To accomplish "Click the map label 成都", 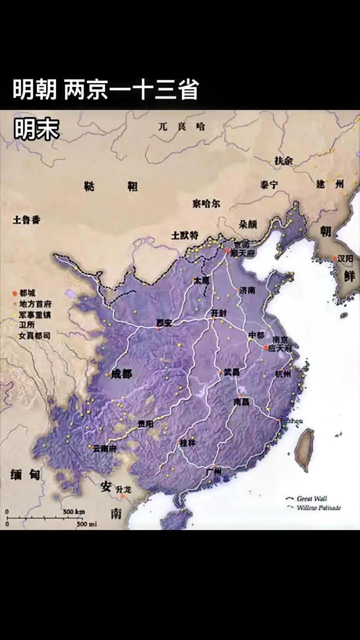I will [x=121, y=373].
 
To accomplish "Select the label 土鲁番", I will [x=26, y=220].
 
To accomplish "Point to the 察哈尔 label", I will [x=206, y=203].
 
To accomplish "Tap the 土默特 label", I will [x=184, y=235].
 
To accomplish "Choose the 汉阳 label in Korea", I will [x=345, y=258].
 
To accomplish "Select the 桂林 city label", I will [x=187, y=442].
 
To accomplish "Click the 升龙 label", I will [x=123, y=489].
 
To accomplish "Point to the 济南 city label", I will [x=247, y=290].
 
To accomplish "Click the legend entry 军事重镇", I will [x=35, y=315].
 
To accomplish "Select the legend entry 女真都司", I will [x=35, y=336].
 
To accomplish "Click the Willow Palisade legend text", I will [x=319, y=507].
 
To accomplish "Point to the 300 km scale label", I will [x=73, y=511].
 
